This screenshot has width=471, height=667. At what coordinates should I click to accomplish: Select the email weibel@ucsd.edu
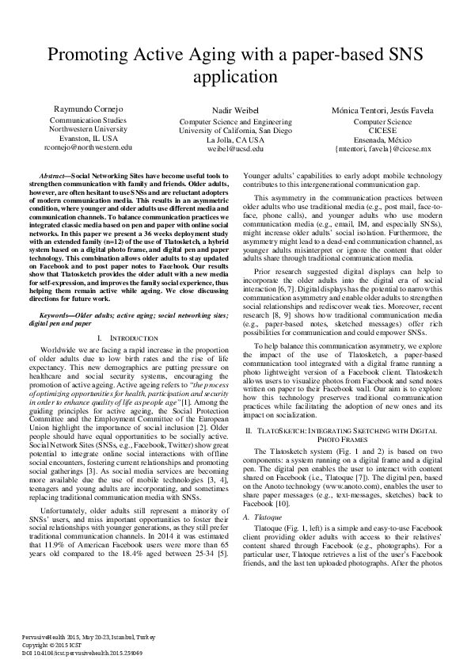(x=235, y=148)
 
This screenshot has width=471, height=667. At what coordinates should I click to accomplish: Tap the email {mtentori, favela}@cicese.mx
(x=383, y=148)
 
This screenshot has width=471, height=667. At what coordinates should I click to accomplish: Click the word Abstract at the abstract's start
(x=53, y=173)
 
